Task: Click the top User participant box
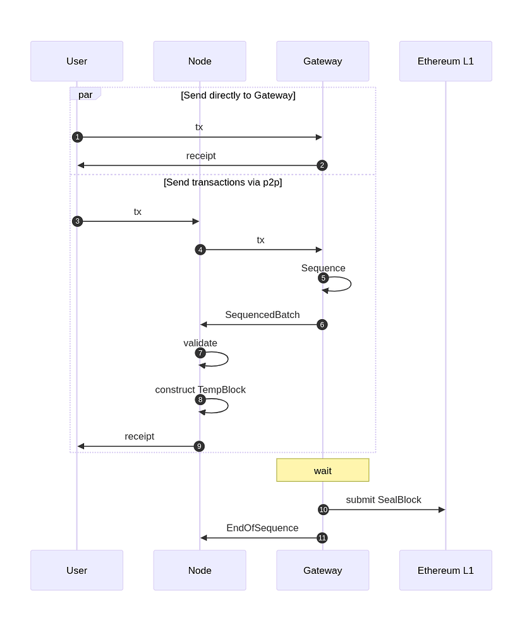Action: [x=76, y=61]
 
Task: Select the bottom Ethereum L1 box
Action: [x=445, y=570]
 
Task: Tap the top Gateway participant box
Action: [x=322, y=61]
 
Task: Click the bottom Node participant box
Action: [x=200, y=570]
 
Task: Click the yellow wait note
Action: [x=322, y=470]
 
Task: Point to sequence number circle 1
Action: [x=77, y=137]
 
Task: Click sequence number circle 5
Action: [x=323, y=277]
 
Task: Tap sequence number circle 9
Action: [x=199, y=446]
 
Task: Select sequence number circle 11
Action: [x=322, y=538]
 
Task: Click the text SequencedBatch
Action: [x=262, y=315]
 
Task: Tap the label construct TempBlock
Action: [x=200, y=390]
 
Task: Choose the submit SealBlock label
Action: [x=384, y=500]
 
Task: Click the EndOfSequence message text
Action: [x=262, y=528]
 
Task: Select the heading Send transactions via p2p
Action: [x=222, y=183]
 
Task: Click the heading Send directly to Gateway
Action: [x=238, y=95]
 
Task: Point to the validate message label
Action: [x=200, y=343]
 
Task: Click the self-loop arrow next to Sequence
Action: [x=349, y=284]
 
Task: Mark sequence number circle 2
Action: [x=322, y=166]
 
